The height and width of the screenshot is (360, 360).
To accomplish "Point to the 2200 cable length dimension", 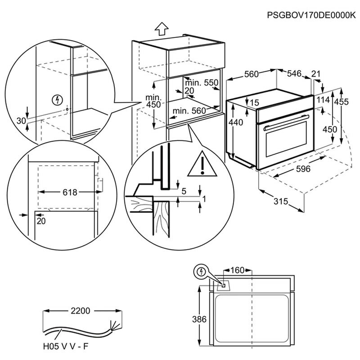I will pyautogui.click(x=82, y=311).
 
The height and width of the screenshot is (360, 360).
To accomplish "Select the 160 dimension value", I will pyautogui.click(x=237, y=270).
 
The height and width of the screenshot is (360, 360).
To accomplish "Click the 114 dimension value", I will pyautogui.click(x=323, y=100).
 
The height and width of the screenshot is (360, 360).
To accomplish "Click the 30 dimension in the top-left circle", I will pyautogui.click(x=20, y=121).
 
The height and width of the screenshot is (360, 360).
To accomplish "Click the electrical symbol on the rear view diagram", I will pyautogui.click(x=201, y=272).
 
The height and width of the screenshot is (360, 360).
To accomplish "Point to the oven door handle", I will pyautogui.click(x=285, y=128).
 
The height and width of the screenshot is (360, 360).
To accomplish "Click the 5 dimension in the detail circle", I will pyautogui.click(x=183, y=190).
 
